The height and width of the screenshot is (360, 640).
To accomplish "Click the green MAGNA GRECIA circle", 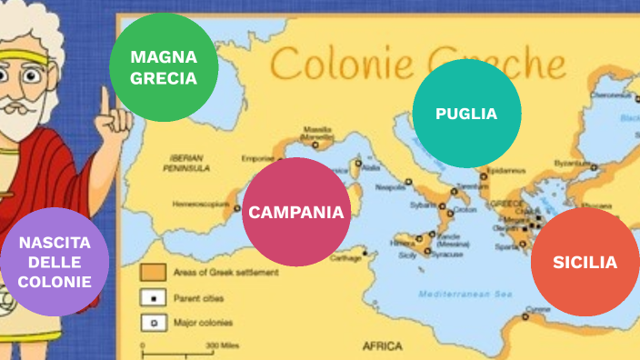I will coord(164,67).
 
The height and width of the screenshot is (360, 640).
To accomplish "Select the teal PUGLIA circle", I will coord(466,114).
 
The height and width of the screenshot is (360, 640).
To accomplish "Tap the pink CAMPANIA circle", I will coord(296,213).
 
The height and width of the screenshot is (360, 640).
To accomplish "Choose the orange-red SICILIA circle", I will coord(585,262).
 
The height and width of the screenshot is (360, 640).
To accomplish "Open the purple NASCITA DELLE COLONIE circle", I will coord(55,262).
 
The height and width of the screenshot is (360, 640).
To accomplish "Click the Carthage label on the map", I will coord(345,258).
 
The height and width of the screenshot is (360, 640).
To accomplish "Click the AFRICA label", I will coord(382,345).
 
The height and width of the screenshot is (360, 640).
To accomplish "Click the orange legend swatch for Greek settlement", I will coord(152,271).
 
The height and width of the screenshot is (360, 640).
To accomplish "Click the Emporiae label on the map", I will coord(257,158).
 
